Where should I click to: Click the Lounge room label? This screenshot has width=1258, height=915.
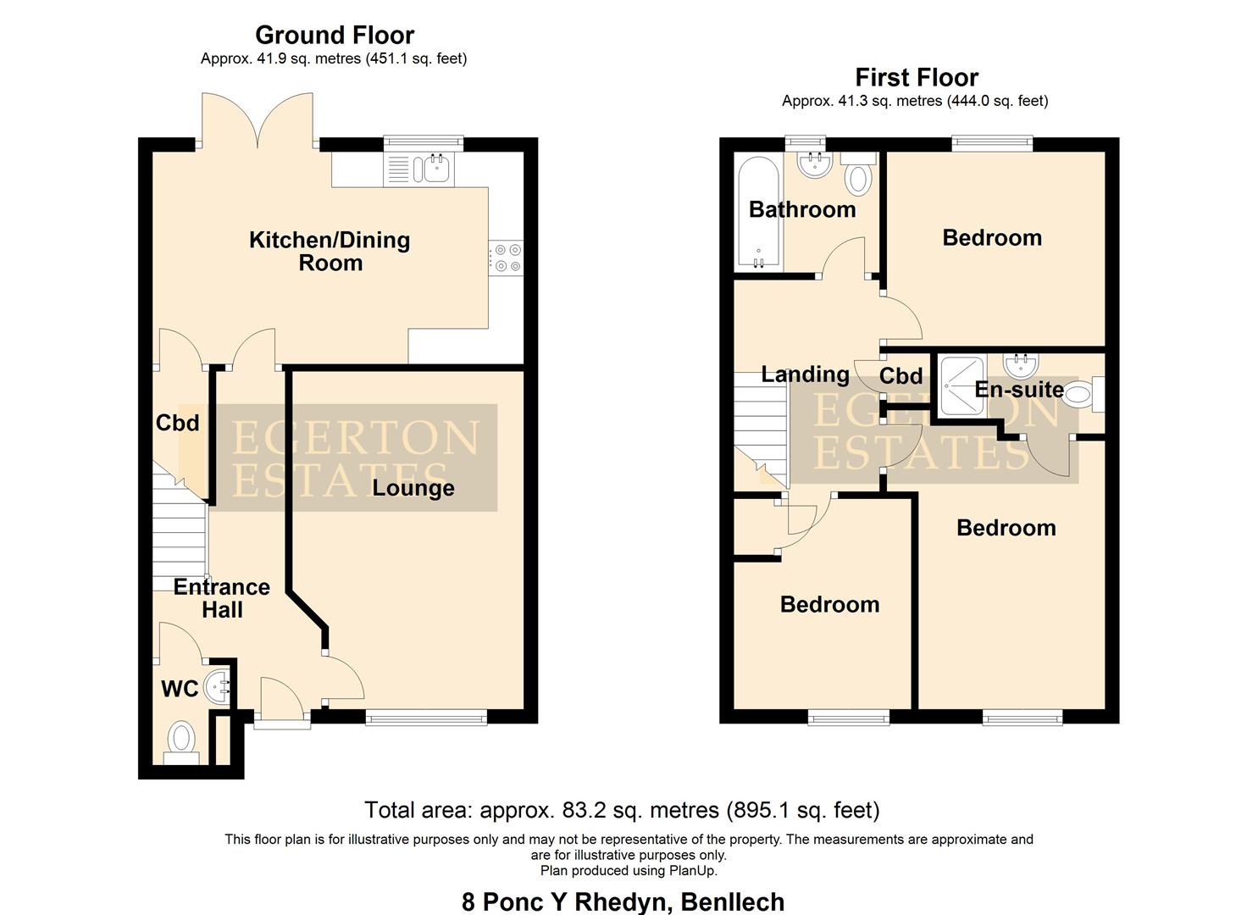413,488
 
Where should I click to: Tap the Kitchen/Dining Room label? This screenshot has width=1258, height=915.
330,251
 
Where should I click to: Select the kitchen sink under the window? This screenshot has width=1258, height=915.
435,169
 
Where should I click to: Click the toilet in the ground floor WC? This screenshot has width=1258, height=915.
180,738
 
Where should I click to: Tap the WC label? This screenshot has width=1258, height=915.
180,690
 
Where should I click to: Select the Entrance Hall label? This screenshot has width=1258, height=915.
221,598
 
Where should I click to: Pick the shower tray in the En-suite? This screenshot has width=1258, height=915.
962,385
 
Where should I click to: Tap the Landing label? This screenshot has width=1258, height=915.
804,374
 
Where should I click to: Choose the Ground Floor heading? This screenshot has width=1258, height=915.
335,36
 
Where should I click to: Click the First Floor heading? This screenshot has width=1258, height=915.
916,78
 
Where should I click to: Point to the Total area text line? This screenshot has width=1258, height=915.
622,811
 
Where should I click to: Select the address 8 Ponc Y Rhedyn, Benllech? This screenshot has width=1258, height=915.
623,901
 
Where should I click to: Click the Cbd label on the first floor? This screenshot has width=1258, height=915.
901,376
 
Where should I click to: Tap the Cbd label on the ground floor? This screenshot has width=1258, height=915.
177,422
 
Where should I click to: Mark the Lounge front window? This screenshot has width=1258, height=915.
426,718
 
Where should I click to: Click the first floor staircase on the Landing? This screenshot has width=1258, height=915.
760,431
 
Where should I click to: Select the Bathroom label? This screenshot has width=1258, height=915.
801,209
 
